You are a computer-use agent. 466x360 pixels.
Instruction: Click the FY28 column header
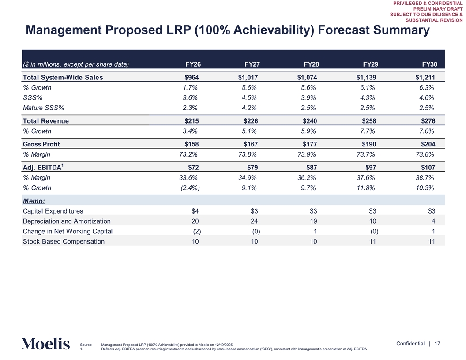[x=311, y=64]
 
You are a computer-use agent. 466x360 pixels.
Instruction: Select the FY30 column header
[x=429, y=64]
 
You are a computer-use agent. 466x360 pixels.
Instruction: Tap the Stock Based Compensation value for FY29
[x=372, y=241]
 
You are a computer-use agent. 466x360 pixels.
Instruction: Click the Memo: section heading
[x=36, y=201]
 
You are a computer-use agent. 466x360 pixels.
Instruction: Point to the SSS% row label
[x=33, y=97]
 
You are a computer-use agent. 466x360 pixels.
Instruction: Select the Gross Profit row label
[x=41, y=144]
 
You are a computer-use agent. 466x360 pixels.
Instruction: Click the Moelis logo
[x=45, y=344]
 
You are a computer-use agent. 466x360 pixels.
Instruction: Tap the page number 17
[x=438, y=344]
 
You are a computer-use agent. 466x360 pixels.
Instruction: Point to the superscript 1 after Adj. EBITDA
[x=63, y=165]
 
